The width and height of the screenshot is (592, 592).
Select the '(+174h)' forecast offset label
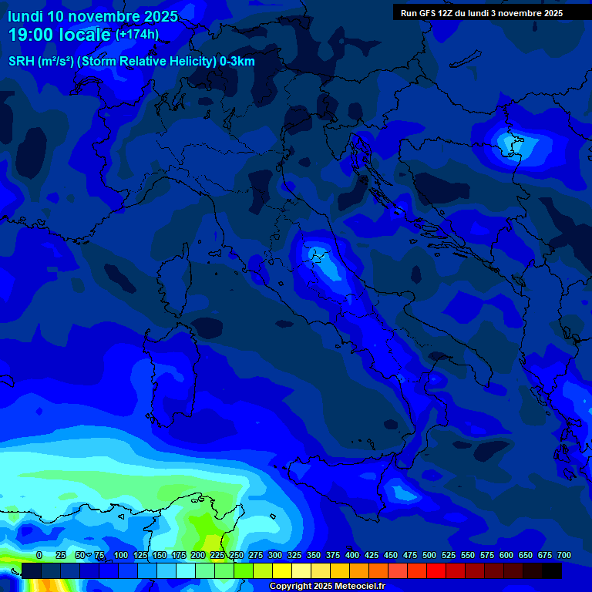click(137, 35)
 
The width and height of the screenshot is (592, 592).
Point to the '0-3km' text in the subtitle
click(237, 62)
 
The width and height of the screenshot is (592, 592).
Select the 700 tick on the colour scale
click(563, 556)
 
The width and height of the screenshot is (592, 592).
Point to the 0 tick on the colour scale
click(39, 556)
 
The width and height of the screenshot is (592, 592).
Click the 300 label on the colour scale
click(275, 556)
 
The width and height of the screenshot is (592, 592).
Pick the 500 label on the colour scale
click(429, 556)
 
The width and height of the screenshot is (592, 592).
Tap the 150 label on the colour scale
click(160, 556)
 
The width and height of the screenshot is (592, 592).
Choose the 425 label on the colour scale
click(372, 556)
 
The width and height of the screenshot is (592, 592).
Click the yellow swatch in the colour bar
click(282, 570)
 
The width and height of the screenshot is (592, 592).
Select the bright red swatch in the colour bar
click(436, 570)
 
